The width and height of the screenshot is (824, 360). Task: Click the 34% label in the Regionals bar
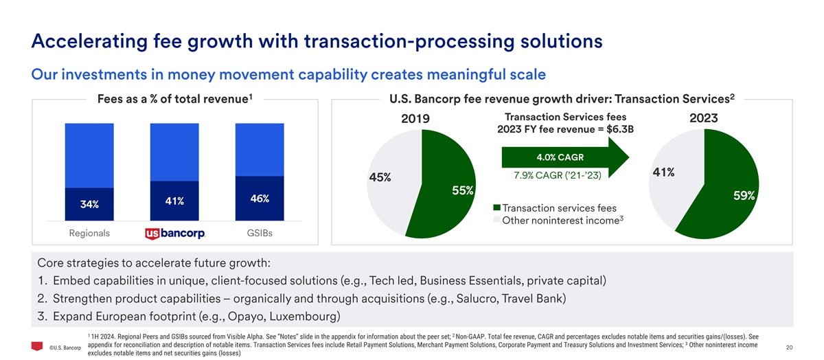click(89, 205)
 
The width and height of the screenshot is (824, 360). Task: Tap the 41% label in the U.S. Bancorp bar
click(174, 201)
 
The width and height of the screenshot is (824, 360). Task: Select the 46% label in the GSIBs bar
click(259, 199)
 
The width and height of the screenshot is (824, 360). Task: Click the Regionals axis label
click(89, 234)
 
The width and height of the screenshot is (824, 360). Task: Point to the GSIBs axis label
click(259, 234)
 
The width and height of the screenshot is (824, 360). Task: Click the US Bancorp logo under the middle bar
click(175, 234)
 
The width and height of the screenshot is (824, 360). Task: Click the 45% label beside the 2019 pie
click(380, 177)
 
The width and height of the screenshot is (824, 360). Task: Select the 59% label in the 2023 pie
click(744, 196)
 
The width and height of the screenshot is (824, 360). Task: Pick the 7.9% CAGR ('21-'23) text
click(557, 175)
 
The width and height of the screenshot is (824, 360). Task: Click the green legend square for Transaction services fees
click(497, 208)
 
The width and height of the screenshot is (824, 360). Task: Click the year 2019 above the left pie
click(415, 120)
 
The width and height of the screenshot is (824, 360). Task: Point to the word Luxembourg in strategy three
click(297, 317)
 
